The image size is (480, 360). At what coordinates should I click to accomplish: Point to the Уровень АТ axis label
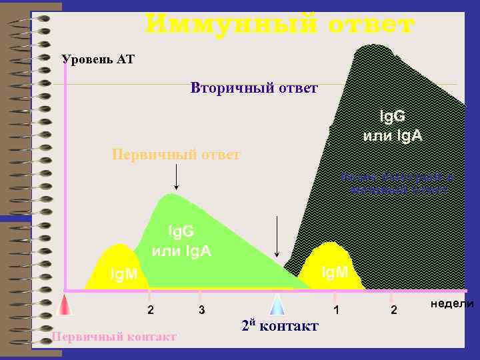(98, 60)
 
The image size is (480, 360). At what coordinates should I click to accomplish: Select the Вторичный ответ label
(254, 88)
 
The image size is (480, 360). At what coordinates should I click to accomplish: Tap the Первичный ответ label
(175, 155)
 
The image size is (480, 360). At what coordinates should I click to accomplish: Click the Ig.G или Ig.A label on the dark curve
(392, 127)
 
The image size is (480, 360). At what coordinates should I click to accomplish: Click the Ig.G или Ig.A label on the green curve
(181, 241)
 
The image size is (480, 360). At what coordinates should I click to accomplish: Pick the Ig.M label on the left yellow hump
(124, 274)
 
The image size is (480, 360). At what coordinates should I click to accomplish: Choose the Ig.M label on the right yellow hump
(335, 272)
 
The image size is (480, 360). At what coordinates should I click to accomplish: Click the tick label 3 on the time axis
(201, 311)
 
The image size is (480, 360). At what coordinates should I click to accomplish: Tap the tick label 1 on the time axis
(337, 311)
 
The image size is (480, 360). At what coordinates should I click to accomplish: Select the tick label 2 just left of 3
(151, 311)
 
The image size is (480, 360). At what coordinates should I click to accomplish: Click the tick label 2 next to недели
(393, 311)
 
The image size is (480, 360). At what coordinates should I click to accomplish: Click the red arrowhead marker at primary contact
(65, 304)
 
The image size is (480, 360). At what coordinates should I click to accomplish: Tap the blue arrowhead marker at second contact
(277, 304)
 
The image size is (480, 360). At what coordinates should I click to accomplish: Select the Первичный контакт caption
(114, 337)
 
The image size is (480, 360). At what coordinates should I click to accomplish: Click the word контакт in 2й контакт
(289, 326)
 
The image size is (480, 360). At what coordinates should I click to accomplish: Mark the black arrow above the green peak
(176, 177)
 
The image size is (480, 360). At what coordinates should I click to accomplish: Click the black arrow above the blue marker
(277, 237)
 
